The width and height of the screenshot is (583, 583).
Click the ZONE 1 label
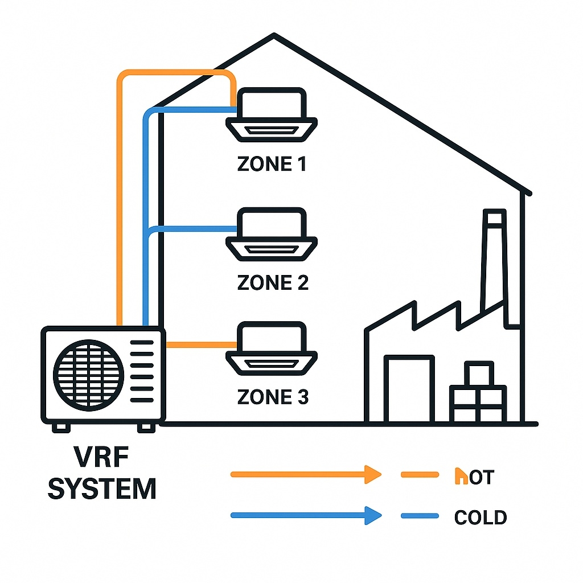coord(272,164)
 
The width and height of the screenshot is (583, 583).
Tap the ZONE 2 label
coord(272,282)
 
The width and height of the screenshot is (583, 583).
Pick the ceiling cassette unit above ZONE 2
coord(272,235)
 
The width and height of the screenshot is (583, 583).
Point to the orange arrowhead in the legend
coord(372,474)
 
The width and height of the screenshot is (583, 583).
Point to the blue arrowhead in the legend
coord(372,516)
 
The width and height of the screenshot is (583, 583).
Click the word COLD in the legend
coord(481,518)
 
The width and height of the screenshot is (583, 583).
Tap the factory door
coord(409,389)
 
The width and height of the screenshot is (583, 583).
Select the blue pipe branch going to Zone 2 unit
coord(194,229)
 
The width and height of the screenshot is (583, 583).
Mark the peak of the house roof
coord(274,35)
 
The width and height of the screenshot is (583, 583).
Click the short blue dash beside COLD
coord(420,516)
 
